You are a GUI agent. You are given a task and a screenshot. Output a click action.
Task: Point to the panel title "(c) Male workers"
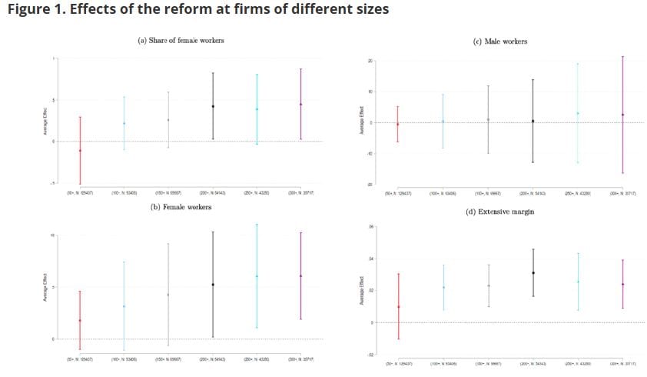click(x=500, y=41)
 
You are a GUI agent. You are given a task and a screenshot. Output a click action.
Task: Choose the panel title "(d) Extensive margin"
click(x=500, y=211)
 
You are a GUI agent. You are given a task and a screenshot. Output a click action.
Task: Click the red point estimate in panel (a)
click(x=80, y=150)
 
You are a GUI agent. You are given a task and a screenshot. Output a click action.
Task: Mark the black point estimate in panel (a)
click(x=213, y=106)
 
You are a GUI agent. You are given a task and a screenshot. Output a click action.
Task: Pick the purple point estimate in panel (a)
click(x=301, y=104)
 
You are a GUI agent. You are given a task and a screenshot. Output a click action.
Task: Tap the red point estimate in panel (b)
click(x=80, y=320)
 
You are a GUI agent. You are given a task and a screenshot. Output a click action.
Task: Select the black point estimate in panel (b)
click(x=213, y=285)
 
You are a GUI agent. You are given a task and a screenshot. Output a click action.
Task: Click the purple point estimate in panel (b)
click(x=301, y=275)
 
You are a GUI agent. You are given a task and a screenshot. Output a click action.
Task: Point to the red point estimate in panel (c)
click(x=397, y=124)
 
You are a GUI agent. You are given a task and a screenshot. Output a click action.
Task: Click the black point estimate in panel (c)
click(x=533, y=121)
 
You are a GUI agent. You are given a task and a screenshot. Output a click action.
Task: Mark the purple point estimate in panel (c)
click(x=622, y=115)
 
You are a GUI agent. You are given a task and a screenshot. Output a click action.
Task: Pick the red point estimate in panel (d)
click(x=397, y=307)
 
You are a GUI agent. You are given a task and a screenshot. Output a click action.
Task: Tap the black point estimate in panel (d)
click(x=533, y=272)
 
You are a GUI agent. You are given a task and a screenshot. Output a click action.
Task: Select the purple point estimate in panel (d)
click(x=622, y=284)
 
